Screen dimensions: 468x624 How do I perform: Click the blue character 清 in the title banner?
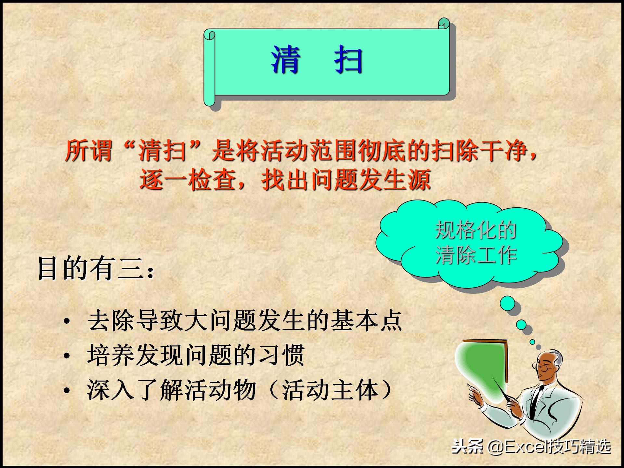click(285, 60)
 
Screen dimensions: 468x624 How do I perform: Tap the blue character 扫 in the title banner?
click(348, 60)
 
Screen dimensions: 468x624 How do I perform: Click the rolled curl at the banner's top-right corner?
click(444, 23)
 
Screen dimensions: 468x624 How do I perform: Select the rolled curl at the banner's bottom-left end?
click(210, 101)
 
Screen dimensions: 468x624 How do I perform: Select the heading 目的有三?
click(94, 269)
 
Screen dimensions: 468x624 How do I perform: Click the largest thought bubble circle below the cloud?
click(507, 304)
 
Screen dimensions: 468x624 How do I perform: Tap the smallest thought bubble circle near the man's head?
click(532, 342)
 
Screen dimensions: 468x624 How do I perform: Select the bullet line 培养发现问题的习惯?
click(195, 355)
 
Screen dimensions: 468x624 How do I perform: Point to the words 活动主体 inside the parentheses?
click(331, 390)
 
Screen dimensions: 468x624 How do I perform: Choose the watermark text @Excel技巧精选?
click(549, 448)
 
